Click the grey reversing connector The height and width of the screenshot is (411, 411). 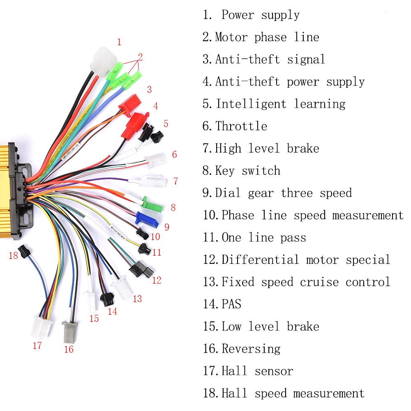(68, 332)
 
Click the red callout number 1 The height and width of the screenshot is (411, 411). (119, 42)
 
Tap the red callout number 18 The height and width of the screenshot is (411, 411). (14, 256)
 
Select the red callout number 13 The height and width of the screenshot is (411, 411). (137, 299)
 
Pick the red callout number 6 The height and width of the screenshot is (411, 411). (174, 155)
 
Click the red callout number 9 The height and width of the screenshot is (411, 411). (166, 227)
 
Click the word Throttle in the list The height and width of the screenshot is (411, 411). (241, 126)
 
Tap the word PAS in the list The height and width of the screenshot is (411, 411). (231, 304)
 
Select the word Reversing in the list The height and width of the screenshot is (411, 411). (251, 349)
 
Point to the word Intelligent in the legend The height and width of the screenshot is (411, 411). (251, 104)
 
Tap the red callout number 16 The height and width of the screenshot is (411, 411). (69, 349)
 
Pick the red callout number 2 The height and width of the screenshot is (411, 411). (140, 57)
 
